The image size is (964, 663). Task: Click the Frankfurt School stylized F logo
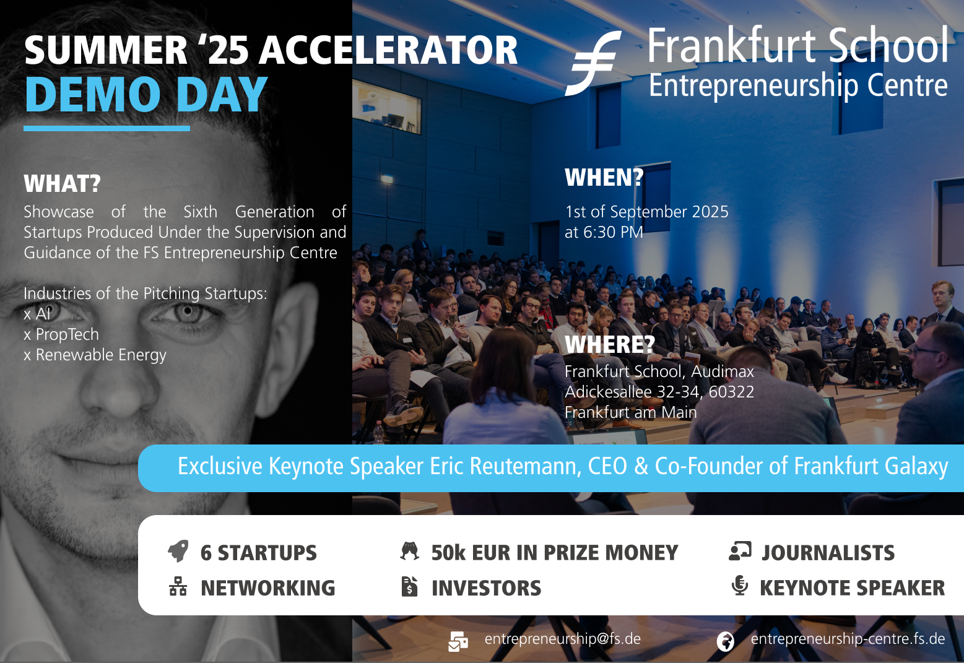coord(593,63)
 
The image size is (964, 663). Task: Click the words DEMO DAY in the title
coord(146,94)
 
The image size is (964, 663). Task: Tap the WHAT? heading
coord(62,184)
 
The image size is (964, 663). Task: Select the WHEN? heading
coord(604,177)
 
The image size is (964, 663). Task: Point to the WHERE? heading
coord(609,344)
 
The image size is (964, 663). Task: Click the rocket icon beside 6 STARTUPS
coord(178,551)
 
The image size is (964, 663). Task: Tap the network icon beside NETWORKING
coord(178,586)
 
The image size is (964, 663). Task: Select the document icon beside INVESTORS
coord(409,586)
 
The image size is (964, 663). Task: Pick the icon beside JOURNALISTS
coord(740,551)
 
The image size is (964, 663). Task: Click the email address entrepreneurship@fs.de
coord(562,639)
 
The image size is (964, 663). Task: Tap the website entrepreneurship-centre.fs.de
coord(848,639)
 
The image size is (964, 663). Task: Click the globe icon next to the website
coord(726,641)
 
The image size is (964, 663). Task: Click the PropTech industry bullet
coord(61,334)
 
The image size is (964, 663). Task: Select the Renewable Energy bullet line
coord(95,355)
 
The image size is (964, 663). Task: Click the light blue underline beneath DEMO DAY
coord(106,128)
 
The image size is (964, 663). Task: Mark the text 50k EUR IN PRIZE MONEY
coord(555,553)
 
